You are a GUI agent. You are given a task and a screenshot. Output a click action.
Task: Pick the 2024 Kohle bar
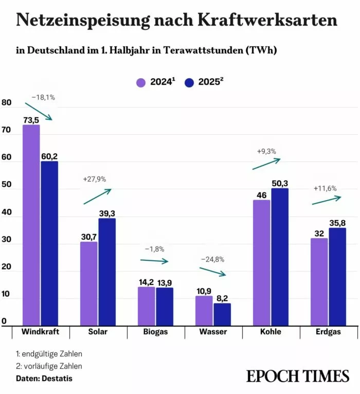[261, 262]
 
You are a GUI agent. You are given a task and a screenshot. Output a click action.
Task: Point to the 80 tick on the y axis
[7, 102]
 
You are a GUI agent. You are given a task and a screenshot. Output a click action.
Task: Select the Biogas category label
[155, 332]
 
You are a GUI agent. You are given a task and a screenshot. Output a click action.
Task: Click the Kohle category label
[271, 332]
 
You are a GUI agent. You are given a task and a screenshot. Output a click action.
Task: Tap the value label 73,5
[31, 119]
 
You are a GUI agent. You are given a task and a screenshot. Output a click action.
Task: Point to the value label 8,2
[223, 298]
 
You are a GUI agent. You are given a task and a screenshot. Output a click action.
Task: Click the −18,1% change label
[43, 97]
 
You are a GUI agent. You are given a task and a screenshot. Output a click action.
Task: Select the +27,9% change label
[94, 179]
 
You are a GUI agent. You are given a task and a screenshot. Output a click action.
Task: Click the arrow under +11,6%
[326, 200]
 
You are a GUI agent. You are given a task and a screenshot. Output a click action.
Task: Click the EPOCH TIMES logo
[298, 376]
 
